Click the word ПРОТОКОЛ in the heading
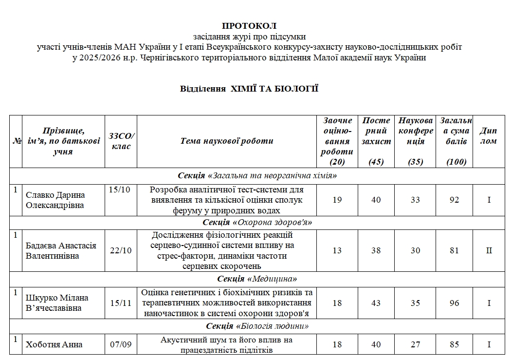[x=249, y=25]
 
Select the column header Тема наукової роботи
[x=227, y=141]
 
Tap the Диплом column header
[x=488, y=136]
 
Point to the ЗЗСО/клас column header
[x=121, y=141]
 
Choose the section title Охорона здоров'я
[x=257, y=223]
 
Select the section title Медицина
[x=257, y=279]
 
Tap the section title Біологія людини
[x=257, y=326]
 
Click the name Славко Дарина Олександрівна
[x=55, y=200]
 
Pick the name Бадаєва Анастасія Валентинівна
[x=61, y=250]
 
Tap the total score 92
[x=454, y=200]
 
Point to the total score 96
[x=454, y=303]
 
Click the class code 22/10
[x=121, y=250]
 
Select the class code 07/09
[x=121, y=344]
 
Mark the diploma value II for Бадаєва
[x=489, y=250]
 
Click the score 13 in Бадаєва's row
[x=337, y=250]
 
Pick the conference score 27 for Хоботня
[x=415, y=344]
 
